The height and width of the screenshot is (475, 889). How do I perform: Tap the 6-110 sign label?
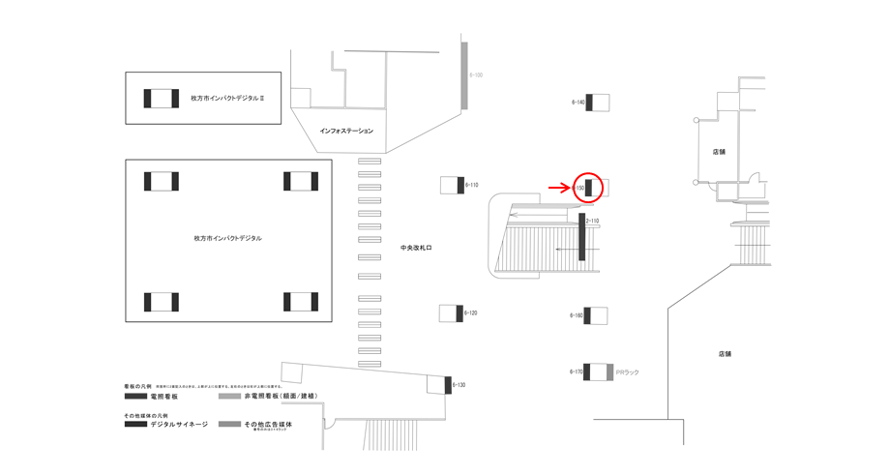[472, 184]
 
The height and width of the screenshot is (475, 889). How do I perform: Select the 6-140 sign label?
[578, 102]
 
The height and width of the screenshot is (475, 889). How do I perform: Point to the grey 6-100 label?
[476, 74]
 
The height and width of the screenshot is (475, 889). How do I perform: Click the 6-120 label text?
[471, 313]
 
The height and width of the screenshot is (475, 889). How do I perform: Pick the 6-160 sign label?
[577, 315]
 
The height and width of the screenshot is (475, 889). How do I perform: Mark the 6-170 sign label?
[577, 371]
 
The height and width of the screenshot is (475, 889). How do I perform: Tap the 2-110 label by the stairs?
[593, 222]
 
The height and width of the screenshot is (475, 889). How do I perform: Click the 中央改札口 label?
[416, 249]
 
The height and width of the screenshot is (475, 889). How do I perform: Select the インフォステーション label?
[346, 131]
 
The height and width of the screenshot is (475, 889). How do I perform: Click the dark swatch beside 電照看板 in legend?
[135, 397]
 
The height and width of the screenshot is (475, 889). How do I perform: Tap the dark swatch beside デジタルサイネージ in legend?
[135, 425]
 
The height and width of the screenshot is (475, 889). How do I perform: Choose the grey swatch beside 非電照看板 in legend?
[229, 397]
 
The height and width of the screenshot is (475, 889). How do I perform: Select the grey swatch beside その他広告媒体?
[229, 425]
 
